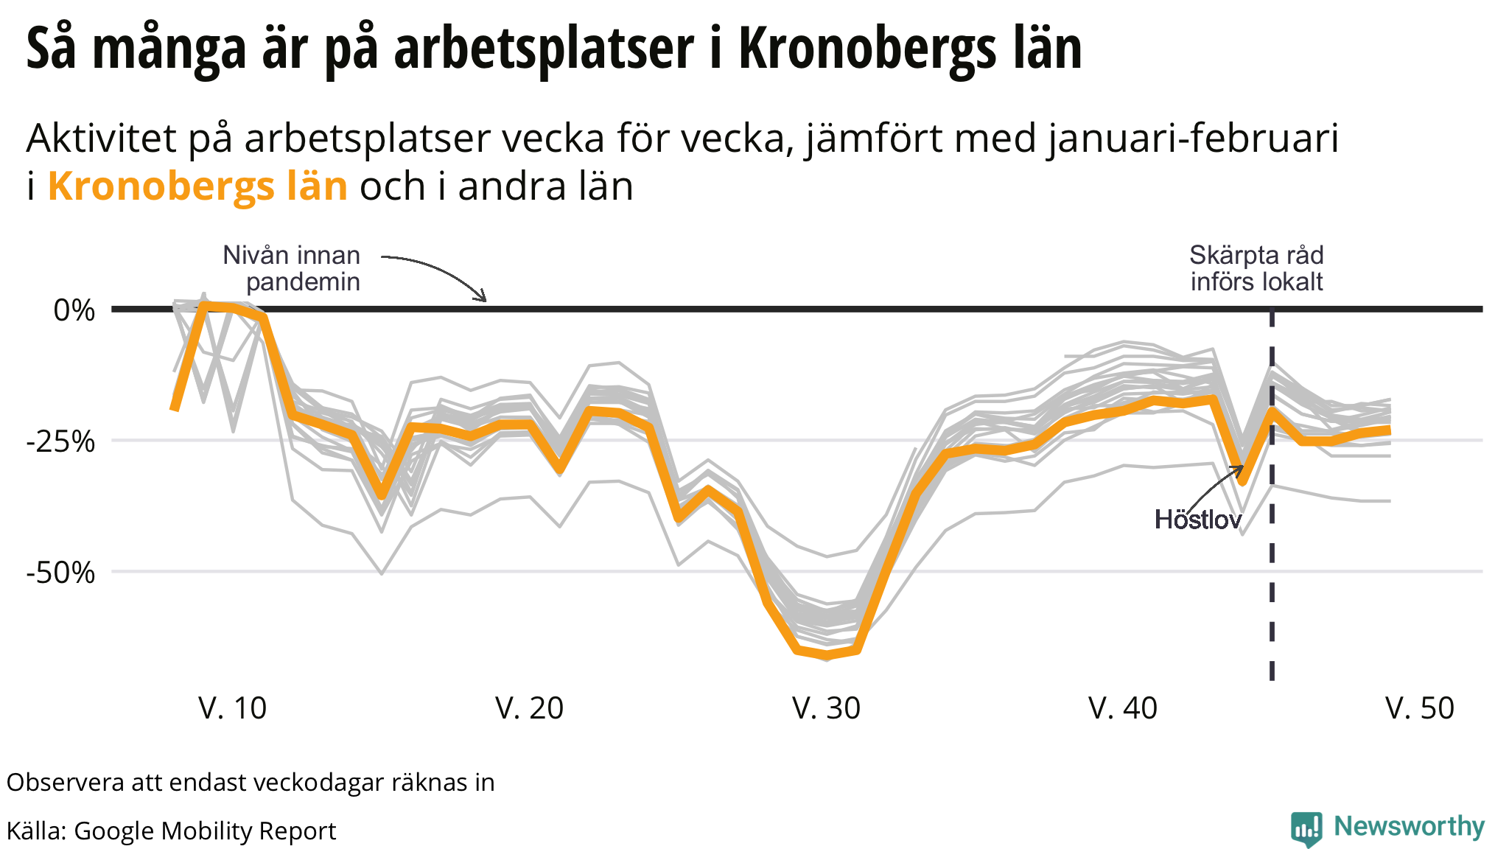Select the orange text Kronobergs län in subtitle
(197, 186)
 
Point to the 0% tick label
(74, 310)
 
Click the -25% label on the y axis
(61, 441)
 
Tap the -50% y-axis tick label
(61, 573)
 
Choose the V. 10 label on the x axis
(233, 708)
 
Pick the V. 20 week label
(529, 708)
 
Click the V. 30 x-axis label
(826, 708)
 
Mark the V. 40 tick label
(1123, 708)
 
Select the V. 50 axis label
(1420, 708)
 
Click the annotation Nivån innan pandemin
(293, 268)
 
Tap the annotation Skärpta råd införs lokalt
(1256, 268)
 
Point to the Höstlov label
(1198, 520)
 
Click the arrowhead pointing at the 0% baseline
(483, 297)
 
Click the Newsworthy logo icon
(1306, 829)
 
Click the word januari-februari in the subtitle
(1193, 138)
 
